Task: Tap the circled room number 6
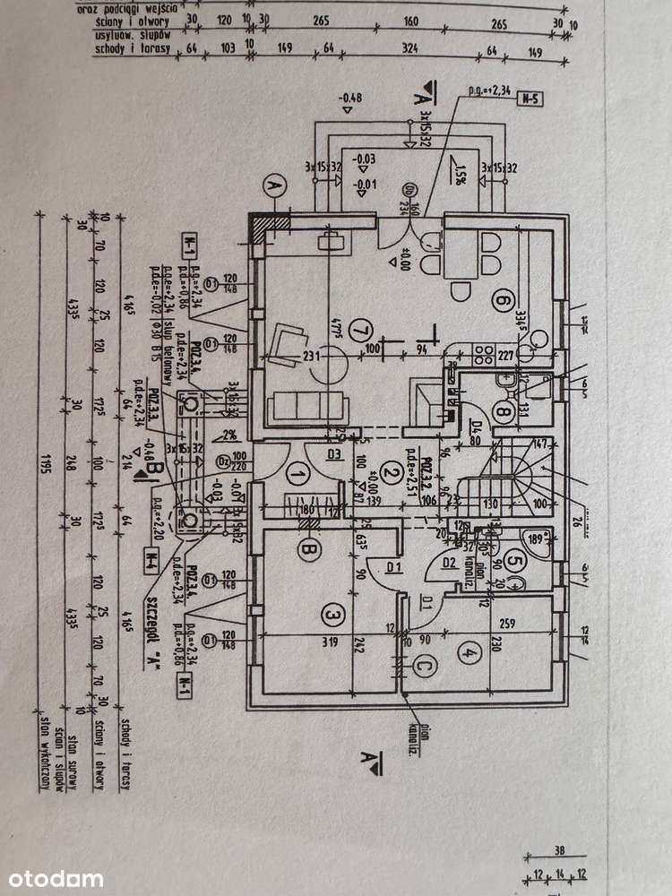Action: coord(503,303)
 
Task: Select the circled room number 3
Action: coord(332,616)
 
